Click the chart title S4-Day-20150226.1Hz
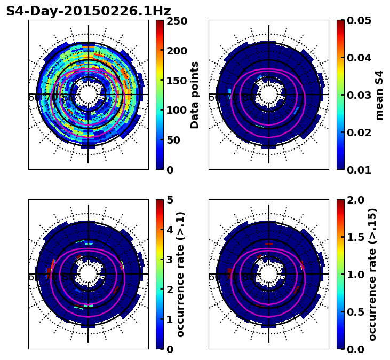[89, 11]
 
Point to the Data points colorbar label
[195, 95]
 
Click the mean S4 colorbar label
[379, 95]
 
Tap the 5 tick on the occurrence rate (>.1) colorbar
[169, 200]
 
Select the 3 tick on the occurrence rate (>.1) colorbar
[169, 260]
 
